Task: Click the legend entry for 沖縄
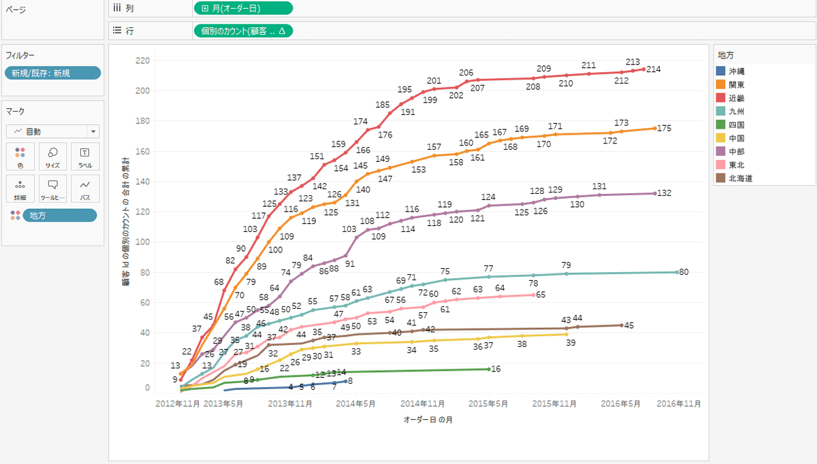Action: pyautogui.click(x=735, y=71)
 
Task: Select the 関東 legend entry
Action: pyautogui.click(x=735, y=85)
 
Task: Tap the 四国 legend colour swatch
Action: pyautogui.click(x=720, y=125)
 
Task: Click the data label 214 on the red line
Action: pyautogui.click(x=654, y=69)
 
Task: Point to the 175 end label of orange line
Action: pyautogui.click(x=664, y=129)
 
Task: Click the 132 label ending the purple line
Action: pyautogui.click(x=664, y=193)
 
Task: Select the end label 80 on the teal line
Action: pyautogui.click(x=684, y=272)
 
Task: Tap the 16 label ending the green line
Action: pyautogui.click(x=496, y=369)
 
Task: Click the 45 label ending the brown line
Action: pyautogui.click(x=629, y=325)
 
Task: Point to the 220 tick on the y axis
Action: pyautogui.click(x=142, y=61)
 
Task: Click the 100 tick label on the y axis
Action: pyautogui.click(x=142, y=242)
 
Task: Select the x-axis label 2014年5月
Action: pyautogui.click(x=355, y=403)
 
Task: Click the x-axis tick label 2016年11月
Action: pyautogui.click(x=678, y=403)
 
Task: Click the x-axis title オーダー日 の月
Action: pyautogui.click(x=428, y=420)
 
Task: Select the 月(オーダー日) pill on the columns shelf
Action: pyautogui.click(x=243, y=9)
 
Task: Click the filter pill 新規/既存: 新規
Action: pyautogui.click(x=52, y=73)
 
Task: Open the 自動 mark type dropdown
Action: pyautogui.click(x=52, y=131)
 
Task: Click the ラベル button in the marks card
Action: pyautogui.click(x=85, y=156)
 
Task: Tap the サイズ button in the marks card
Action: pyautogui.click(x=52, y=156)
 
